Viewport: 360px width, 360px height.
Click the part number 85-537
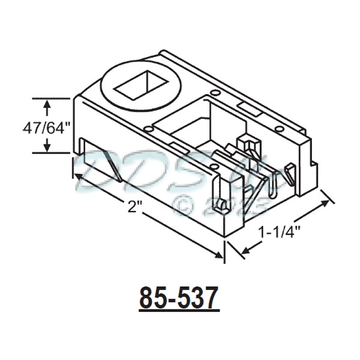179,298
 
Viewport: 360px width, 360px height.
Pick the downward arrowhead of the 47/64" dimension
46,149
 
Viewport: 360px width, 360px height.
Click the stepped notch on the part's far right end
311,159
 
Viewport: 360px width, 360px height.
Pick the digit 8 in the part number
147,298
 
